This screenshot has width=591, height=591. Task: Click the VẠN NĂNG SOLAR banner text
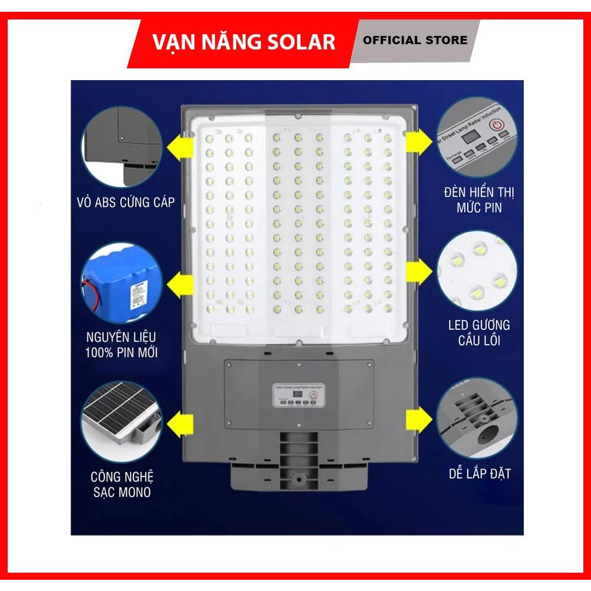[x=243, y=41]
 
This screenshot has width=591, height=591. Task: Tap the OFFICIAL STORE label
[x=415, y=40]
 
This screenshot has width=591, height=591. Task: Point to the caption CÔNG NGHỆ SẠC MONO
[x=123, y=484]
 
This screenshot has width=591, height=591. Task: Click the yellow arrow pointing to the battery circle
[x=180, y=286]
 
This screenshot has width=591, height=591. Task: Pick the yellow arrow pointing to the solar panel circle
[x=180, y=422]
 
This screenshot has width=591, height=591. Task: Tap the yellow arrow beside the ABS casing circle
[x=180, y=145]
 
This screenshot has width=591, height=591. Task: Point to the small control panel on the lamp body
[x=298, y=394]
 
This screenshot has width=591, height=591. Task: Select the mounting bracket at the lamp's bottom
[x=299, y=465]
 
